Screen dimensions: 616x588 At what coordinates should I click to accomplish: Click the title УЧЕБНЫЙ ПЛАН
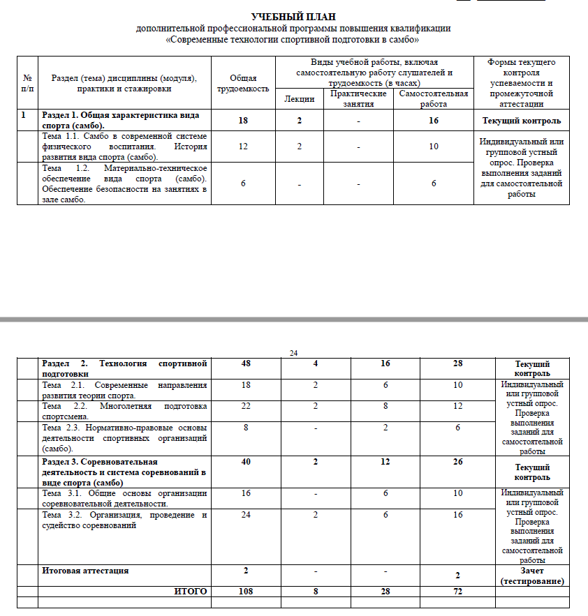tap(293, 17)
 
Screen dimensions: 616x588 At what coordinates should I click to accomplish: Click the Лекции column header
tap(299, 99)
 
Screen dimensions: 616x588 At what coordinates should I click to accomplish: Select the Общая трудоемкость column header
tap(242, 84)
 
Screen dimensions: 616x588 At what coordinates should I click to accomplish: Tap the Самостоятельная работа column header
tap(433, 98)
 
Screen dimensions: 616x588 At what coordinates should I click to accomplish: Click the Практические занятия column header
tap(358, 98)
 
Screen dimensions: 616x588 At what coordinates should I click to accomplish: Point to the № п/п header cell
tap(27, 84)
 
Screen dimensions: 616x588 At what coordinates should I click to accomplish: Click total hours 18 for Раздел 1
tap(242, 121)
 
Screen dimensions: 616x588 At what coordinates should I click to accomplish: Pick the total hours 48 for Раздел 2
tap(246, 363)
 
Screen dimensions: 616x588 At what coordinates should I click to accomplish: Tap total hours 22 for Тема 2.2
tap(246, 406)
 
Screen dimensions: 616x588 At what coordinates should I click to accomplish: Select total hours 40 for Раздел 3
tap(246, 461)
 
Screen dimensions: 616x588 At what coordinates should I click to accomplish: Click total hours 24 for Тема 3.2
tap(246, 515)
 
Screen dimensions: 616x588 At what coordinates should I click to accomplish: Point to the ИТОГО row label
tap(191, 592)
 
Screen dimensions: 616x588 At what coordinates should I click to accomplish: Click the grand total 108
tap(246, 592)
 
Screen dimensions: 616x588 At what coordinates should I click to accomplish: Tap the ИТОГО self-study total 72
tap(457, 592)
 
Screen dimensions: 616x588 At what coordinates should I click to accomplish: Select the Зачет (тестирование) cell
tap(532, 576)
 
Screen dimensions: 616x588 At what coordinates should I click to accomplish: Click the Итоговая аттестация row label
tap(85, 571)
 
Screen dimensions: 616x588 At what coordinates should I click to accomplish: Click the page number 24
tap(293, 353)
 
